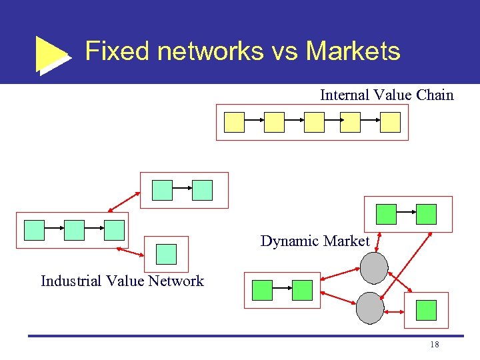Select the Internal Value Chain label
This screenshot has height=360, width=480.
[387, 95]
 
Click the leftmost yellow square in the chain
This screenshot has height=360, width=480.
[234, 122]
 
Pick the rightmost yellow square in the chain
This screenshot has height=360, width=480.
[390, 122]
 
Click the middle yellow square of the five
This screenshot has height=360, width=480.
[314, 122]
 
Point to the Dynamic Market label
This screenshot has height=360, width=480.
[315, 241]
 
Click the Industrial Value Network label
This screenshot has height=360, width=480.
[122, 281]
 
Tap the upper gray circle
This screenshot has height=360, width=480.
[374, 268]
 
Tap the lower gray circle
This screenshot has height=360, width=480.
[370, 307]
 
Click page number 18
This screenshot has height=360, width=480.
[434, 344]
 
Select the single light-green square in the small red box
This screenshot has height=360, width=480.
[166, 254]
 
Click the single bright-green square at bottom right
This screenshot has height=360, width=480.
[426, 310]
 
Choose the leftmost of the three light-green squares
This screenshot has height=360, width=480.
[34, 230]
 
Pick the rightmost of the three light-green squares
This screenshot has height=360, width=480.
[114, 230]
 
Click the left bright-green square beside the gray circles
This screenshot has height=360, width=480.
[262, 290]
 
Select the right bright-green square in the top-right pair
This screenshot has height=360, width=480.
[426, 214]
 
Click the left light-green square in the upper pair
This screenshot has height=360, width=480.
[162, 190]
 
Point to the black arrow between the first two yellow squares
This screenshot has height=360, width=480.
[254, 122]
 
